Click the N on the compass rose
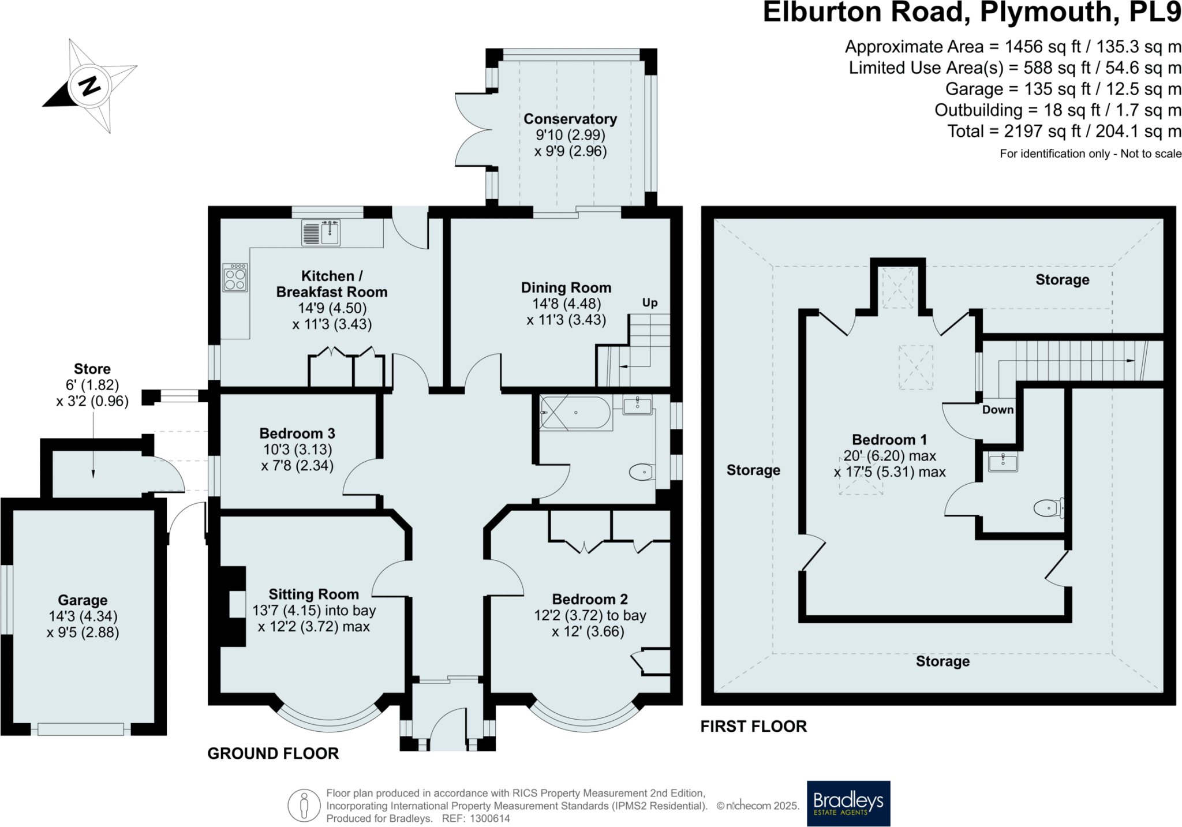coord(89,87)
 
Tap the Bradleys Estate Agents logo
coord(848,803)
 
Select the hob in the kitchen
coord(235,278)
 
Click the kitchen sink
coord(330,233)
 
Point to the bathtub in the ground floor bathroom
coord(575,412)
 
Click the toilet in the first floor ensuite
coord(1048,508)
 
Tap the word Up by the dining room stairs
coord(650,302)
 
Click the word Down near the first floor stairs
coord(997,409)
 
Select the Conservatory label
coord(570,119)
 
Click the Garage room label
coord(83,600)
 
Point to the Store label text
coord(92,369)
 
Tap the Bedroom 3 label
coord(297,433)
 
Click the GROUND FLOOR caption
coord(273,753)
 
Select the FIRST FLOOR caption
coord(753,726)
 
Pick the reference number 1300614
coord(490,818)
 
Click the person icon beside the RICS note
coord(304,804)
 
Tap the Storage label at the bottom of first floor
coord(942,661)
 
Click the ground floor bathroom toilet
coord(641,472)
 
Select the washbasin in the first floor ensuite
coord(1003,462)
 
